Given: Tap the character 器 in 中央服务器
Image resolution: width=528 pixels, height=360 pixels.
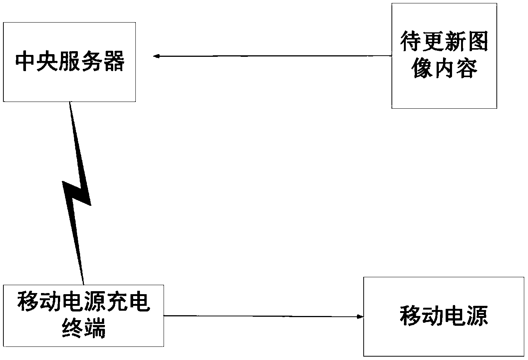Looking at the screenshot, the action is pos(114,61).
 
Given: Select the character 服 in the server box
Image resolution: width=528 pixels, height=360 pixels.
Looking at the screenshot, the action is pos(70,61).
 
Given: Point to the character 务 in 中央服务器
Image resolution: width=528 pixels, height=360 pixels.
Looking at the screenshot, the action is pos(92,61).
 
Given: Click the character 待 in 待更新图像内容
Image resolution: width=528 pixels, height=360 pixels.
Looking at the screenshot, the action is pos(411,41).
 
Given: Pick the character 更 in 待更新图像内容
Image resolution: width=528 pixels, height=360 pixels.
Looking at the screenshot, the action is pos(433,41).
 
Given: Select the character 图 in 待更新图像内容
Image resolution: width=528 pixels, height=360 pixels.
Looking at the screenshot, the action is pos(478,41).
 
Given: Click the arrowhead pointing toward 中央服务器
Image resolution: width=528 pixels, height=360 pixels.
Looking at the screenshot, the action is pos(156,56).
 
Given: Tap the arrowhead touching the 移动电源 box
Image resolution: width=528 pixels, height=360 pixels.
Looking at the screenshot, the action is pos(360,316).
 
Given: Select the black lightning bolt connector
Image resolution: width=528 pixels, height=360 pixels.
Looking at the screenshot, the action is pos(77,193).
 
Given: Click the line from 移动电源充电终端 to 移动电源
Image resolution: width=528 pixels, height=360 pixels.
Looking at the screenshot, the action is pos(264,316).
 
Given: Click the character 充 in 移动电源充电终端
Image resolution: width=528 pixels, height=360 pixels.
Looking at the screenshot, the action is pos(117,302).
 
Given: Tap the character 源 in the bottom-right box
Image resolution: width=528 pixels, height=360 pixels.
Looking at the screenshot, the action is pos(477,316).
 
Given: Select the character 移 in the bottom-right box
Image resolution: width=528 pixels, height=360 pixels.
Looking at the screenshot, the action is pos(411,316).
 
